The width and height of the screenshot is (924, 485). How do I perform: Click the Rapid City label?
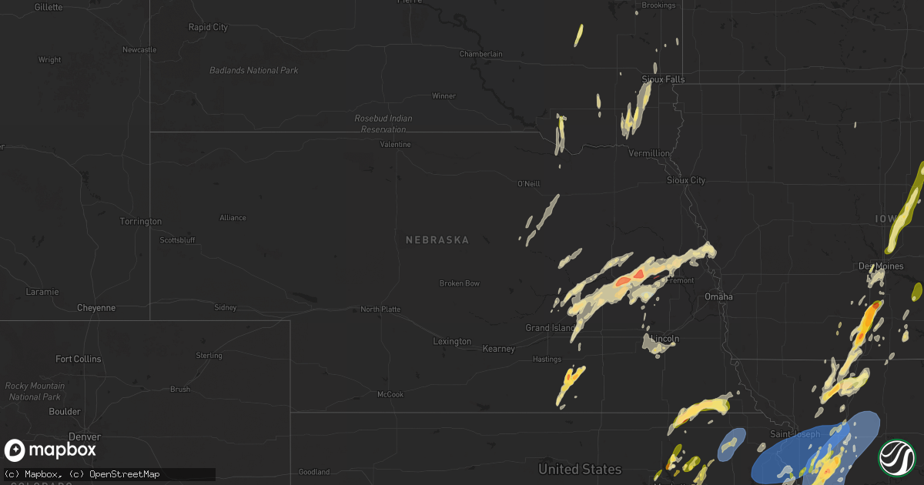[x=208, y=27]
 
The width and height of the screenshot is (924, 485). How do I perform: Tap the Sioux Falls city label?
[x=663, y=79]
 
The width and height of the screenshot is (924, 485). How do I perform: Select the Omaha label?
[x=718, y=296]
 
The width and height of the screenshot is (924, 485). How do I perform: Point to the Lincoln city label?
[x=665, y=339]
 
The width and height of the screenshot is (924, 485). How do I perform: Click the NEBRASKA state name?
[x=437, y=240]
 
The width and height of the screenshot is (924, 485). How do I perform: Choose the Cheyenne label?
[x=96, y=308]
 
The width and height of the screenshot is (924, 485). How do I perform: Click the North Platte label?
[x=380, y=309]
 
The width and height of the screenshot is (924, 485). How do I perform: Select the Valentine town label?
[x=395, y=145]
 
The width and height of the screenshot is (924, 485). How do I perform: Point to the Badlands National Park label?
[x=254, y=71]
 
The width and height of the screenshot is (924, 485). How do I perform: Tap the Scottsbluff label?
[x=177, y=240]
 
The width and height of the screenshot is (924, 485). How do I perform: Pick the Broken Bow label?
[x=460, y=283]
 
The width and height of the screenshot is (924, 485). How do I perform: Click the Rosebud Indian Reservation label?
[x=383, y=124]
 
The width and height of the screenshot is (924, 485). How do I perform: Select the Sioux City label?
[x=685, y=180]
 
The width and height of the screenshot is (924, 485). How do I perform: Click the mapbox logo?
[x=51, y=450]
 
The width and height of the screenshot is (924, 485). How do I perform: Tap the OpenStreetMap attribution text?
[x=126, y=473]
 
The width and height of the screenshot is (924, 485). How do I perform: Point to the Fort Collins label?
[x=78, y=359]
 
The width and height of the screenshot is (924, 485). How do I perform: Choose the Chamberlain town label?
[x=481, y=54]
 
